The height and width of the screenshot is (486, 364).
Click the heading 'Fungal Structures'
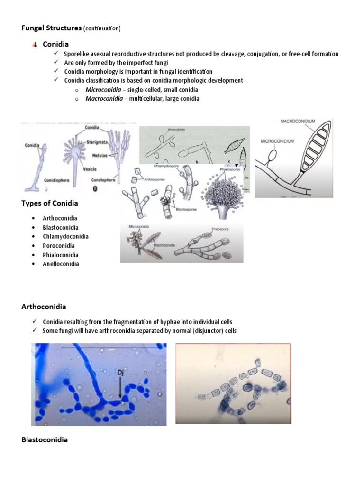[x=51, y=28]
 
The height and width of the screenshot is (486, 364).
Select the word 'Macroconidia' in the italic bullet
[x=103, y=99]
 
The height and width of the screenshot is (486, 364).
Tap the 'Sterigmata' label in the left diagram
[x=97, y=142]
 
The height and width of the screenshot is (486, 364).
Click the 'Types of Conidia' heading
[x=50, y=203]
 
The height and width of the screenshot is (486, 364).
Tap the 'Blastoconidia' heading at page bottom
[x=45, y=439]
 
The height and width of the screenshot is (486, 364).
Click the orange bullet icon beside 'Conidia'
[x=35, y=45]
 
